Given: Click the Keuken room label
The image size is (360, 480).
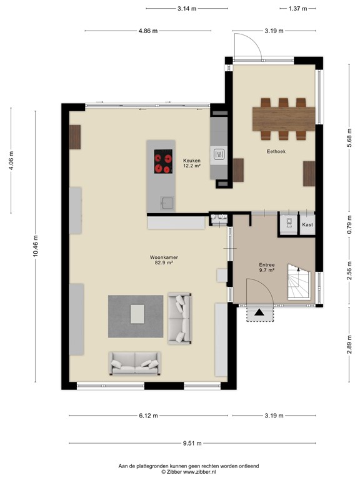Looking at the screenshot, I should tap(191, 161).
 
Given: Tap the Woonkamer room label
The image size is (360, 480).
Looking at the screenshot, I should tap(161, 257).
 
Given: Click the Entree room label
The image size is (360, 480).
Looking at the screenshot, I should tap(266, 265).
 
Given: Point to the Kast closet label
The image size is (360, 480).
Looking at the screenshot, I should tap(307, 224).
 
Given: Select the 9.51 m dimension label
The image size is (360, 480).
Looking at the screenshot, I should tap(192, 443).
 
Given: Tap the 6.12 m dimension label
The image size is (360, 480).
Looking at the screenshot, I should tap(148, 416).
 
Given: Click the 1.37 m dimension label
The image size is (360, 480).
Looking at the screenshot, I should tap(299, 9).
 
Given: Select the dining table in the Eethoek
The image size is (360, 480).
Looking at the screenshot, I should tap(284, 118).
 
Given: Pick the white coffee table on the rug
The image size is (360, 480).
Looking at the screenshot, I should tap(137, 312).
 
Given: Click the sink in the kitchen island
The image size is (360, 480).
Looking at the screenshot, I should tap(167, 202).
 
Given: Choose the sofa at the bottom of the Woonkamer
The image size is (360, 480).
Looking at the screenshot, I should tap(134, 362).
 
